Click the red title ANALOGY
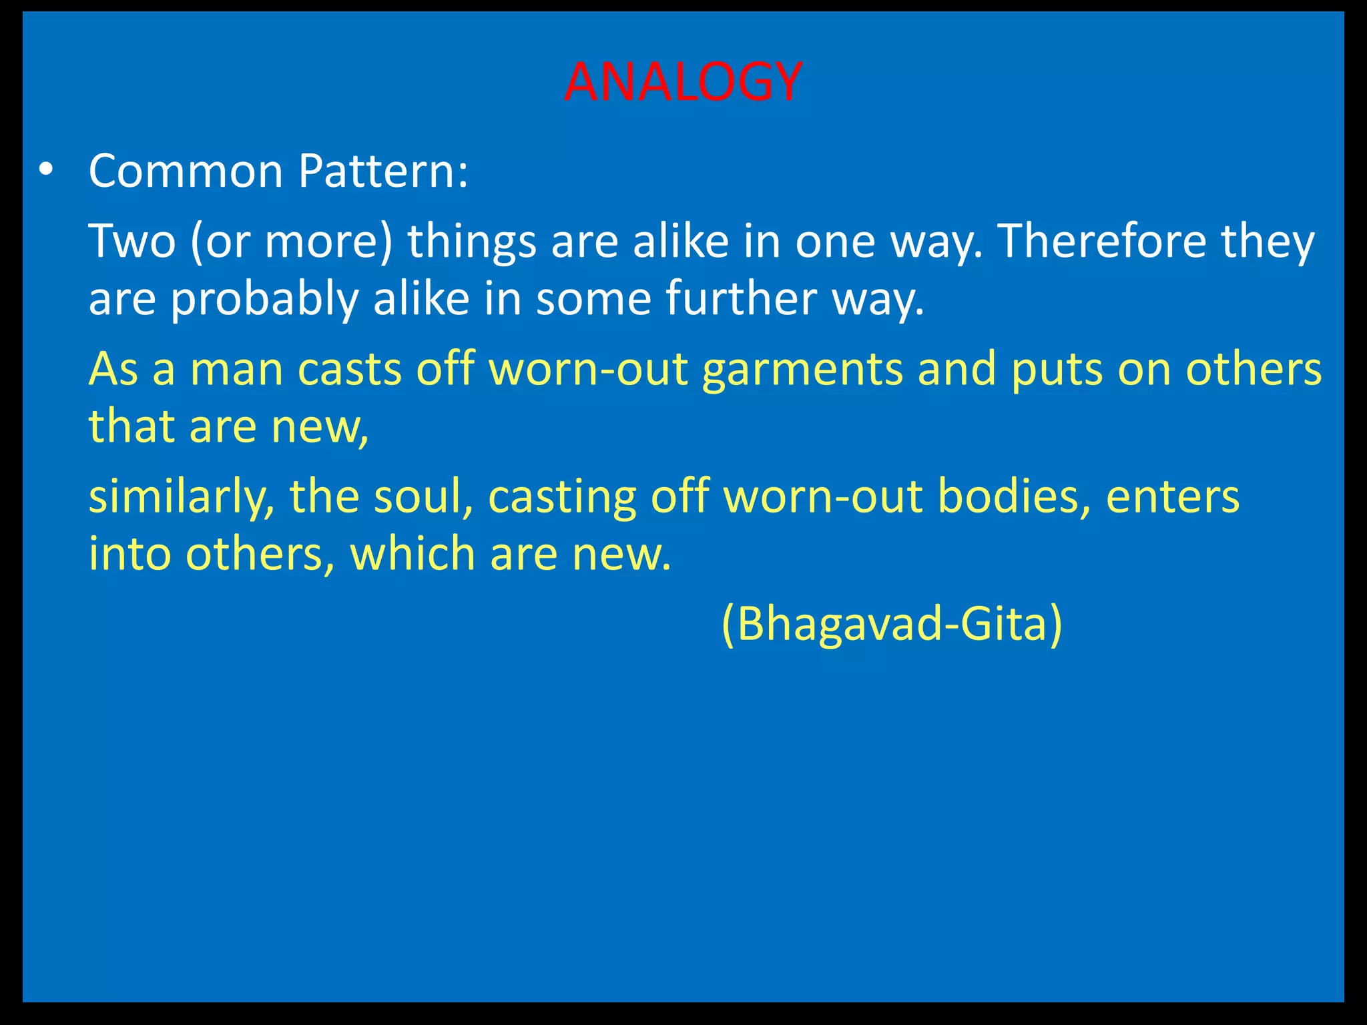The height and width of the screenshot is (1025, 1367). point(682,83)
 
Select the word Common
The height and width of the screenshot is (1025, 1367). point(186,172)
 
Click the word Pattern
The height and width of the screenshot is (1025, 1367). point(382,172)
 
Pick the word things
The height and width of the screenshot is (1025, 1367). point(472,242)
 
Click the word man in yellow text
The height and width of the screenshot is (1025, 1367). point(237,370)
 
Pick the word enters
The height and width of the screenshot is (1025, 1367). point(1173,498)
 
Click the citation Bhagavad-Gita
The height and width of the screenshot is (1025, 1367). point(892,624)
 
